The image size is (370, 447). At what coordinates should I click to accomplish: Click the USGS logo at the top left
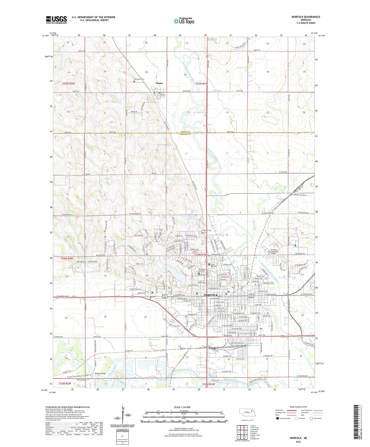coord(56,19)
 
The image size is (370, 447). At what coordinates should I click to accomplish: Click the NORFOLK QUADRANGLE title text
coord(306,17)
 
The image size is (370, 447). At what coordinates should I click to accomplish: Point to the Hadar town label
coord(159,83)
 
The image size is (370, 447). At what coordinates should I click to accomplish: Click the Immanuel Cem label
coord(139,79)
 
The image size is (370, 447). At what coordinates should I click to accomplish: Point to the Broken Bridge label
coord(100,374)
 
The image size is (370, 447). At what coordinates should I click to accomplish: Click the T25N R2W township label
coord(69,83)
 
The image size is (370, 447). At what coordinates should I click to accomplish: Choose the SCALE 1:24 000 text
coord(182,407)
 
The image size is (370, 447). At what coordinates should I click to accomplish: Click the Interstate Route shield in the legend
coord(277,418)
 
